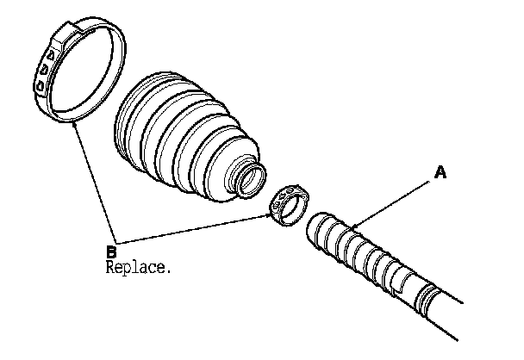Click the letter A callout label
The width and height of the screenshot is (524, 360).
pyautogui.click(x=440, y=173)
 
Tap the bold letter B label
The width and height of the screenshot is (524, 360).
pyautogui.click(x=110, y=251)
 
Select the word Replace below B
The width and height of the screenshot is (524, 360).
pyautogui.click(x=135, y=267)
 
